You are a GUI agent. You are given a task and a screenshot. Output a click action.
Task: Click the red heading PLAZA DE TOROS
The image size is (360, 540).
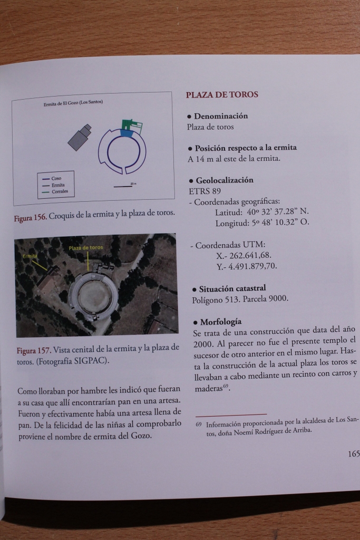click(222, 95)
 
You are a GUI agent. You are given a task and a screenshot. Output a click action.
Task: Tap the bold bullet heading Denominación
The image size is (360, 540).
click(220, 116)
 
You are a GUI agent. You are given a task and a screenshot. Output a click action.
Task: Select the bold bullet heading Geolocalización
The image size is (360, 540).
click(224, 180)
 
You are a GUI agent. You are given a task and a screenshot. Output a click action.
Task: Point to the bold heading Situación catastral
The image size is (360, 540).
click(232, 288)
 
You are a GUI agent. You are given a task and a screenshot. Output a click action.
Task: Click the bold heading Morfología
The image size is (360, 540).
click(221, 321)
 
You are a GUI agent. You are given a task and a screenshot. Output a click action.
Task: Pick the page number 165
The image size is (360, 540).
click(353, 454)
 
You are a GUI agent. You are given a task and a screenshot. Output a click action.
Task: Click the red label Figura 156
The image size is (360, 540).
click(31, 216)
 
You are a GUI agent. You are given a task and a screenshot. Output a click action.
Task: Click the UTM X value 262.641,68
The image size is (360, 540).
click(250, 255)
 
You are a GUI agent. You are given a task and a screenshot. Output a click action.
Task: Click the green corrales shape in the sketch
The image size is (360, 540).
click(132, 126)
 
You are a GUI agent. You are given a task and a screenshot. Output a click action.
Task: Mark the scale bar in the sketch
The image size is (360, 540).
click(123, 186)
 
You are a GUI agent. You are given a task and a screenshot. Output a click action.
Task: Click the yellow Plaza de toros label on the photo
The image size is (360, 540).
click(86, 248)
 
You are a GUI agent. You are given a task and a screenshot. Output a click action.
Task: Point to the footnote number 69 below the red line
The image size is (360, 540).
click(199, 424)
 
